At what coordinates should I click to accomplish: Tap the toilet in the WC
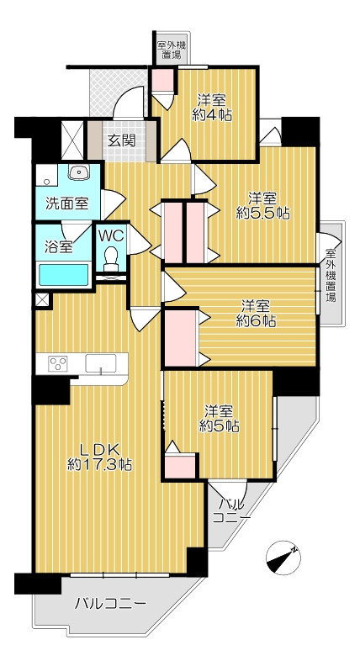pos(111,259)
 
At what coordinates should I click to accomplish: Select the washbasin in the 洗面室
pos(78,172)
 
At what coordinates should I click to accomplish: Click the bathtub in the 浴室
pos(64,275)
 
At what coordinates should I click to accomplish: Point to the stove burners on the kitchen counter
pos(58,364)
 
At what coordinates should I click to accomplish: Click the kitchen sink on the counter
pos(101,363)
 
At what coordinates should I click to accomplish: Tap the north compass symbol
pos(283,558)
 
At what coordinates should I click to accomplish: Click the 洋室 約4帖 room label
pos(212,108)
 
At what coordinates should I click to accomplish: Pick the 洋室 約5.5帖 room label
pos(262,205)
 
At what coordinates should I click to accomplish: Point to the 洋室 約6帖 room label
pos(256,314)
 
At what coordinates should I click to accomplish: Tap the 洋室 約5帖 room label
pos(219,419)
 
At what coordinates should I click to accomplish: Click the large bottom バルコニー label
pos(110,604)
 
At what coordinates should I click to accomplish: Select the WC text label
pos(111,235)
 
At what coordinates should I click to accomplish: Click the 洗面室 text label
pos(67,203)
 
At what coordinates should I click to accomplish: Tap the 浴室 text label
pos(60,246)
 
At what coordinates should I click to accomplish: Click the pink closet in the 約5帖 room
pos(180,467)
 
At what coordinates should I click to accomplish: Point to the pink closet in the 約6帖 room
pos(180,338)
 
